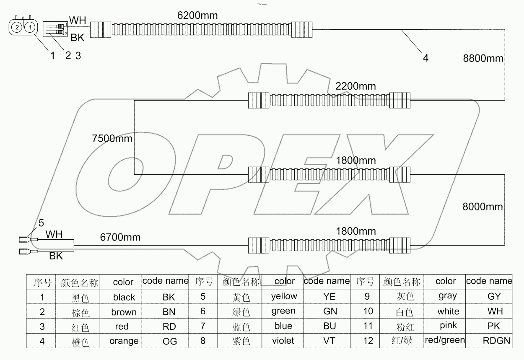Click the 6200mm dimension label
coord(197,16)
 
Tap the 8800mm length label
coord(482,58)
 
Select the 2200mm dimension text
coord(355,86)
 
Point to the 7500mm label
coord(112,138)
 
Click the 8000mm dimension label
coord(482,206)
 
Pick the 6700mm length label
coord(120,238)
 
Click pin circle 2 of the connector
coord(16,28)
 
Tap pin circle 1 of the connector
coord(29,28)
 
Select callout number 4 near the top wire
coord(425,58)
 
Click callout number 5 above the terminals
coord(41,223)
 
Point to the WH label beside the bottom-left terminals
coord(54,234)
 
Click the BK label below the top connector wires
coord(78,38)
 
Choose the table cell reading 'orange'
coord(124,341)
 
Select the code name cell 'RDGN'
coord(495,341)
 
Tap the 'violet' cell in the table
coord(283,341)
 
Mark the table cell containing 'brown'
coord(124,312)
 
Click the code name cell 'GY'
coord(494,297)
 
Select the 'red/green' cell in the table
coord(445,340)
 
